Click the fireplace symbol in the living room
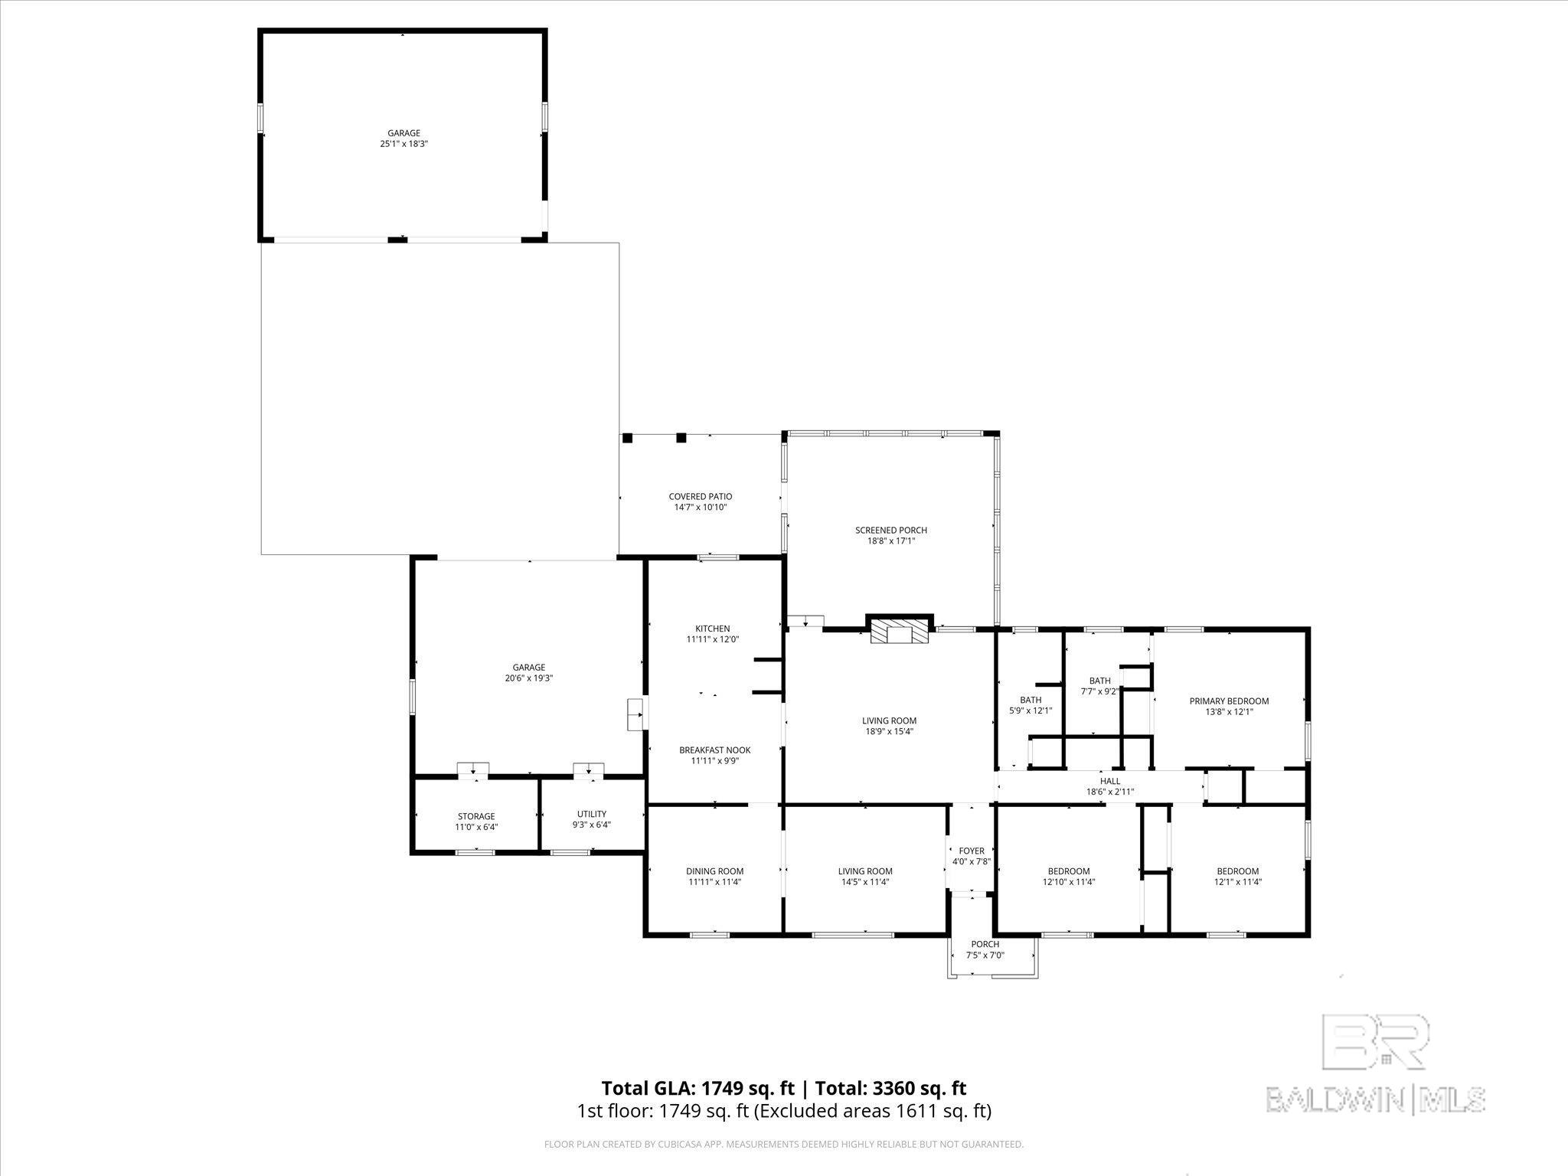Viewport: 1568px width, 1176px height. (x=900, y=632)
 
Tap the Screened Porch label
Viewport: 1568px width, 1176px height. (x=890, y=530)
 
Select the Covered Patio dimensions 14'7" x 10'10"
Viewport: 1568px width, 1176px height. (x=700, y=507)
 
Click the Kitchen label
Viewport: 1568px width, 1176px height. (x=712, y=629)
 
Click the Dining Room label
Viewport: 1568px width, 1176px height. (x=714, y=871)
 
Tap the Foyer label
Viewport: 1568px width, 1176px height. (x=972, y=851)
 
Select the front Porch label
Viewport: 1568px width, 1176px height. (x=985, y=944)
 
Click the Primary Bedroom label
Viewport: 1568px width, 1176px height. (x=1228, y=701)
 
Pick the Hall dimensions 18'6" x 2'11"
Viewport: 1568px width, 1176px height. (x=1109, y=792)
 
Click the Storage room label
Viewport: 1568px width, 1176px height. (x=476, y=816)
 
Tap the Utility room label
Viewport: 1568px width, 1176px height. (x=591, y=814)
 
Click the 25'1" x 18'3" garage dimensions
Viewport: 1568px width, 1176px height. (x=403, y=144)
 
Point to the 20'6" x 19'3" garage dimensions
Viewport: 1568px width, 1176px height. (x=528, y=678)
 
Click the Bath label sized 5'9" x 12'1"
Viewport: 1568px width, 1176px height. (x=1030, y=700)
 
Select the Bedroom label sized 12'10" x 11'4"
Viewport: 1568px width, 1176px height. (x=1068, y=871)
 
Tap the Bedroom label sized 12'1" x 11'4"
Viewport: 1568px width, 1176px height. (x=1237, y=871)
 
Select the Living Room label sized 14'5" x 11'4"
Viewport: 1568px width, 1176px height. (x=865, y=871)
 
